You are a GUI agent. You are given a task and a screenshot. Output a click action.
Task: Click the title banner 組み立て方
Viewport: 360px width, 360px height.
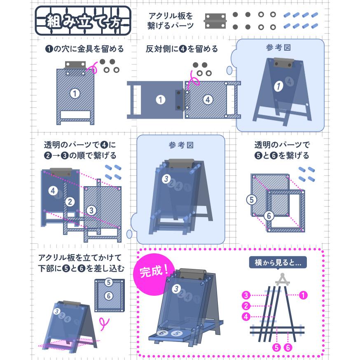click(83, 21)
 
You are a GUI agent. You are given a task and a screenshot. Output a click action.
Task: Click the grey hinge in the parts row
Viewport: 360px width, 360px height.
click(215, 21)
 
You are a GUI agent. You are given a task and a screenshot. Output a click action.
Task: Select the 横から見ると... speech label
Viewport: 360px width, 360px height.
click(278, 262)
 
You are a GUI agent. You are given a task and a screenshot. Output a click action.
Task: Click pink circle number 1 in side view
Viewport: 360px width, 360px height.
click(303, 295)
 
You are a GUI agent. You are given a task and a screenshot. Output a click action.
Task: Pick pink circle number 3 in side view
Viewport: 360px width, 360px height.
click(246, 295)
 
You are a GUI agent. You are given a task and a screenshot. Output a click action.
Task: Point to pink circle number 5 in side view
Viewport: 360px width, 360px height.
click(276, 347)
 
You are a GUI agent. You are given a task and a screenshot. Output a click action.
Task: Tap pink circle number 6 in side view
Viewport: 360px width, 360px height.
click(288, 347)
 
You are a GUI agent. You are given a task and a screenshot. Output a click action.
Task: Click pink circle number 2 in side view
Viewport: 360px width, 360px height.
click(246, 306)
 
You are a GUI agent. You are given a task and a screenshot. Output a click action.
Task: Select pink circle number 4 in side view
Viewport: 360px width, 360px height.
click(246, 317)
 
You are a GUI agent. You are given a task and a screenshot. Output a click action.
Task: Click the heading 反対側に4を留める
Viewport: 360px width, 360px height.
click(182, 49)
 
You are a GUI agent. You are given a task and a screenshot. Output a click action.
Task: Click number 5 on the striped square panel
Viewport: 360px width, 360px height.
click(251, 199)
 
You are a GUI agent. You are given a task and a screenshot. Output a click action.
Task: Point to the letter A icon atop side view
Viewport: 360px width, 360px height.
click(283, 279)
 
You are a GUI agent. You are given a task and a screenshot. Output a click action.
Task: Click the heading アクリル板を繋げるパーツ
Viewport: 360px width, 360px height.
click(171, 21)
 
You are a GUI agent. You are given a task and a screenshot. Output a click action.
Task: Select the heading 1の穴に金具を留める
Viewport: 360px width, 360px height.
click(85, 49)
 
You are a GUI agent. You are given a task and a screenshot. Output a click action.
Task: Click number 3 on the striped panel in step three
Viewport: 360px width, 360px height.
click(91, 210)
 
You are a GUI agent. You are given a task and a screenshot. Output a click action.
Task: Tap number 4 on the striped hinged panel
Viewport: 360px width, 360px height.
click(208, 100)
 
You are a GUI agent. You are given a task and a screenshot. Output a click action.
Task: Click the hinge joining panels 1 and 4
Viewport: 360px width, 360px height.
click(179, 100)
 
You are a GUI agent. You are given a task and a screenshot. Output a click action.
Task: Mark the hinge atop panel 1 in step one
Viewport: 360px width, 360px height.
click(75, 65)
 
